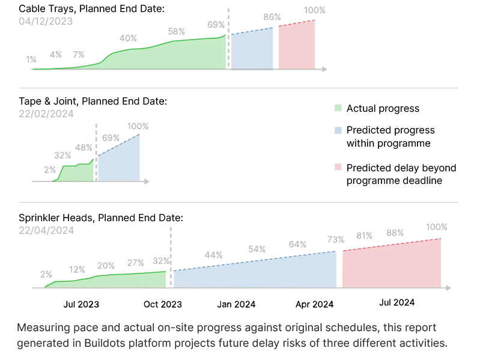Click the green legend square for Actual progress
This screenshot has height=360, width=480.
tap(338, 109)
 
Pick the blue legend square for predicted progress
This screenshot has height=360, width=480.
tap(338, 130)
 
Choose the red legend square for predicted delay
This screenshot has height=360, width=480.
tap(338, 168)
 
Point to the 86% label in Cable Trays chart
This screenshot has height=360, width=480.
tap(272, 17)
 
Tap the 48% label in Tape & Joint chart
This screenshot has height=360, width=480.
tap(84, 147)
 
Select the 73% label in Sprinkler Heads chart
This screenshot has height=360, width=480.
tap(335, 239)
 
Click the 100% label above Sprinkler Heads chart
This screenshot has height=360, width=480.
tap(436, 227)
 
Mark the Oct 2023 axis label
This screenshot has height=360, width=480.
tap(163, 304)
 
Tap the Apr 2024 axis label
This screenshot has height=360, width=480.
tap(315, 304)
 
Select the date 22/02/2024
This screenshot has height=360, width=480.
tap(46, 113)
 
